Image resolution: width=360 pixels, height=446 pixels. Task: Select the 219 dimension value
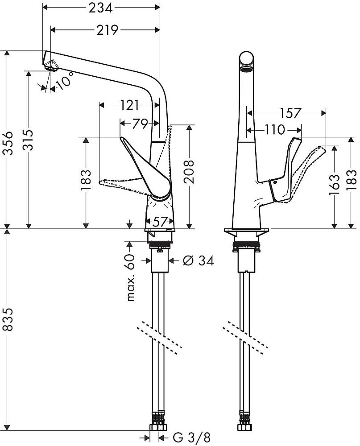[x=108, y=30]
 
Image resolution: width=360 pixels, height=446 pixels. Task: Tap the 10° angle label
[x=64, y=81]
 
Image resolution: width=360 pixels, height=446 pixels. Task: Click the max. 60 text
[x=131, y=277]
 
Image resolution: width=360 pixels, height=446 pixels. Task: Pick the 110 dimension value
[x=274, y=130]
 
